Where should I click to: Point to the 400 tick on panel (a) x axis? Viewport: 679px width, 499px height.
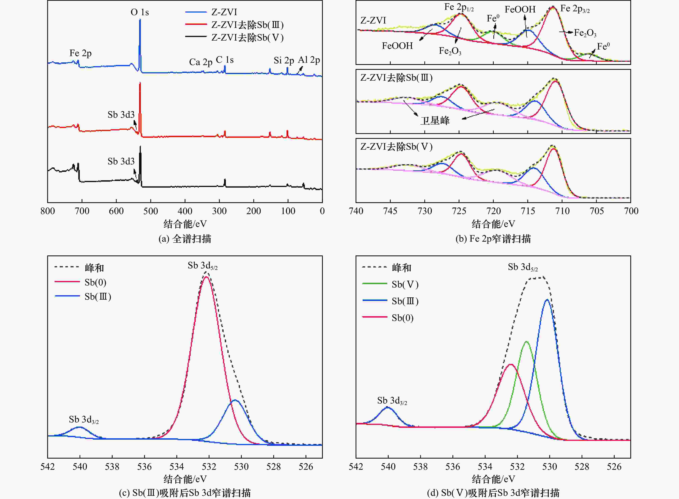click(x=185, y=211)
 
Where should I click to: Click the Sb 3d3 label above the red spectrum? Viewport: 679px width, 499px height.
click(x=121, y=115)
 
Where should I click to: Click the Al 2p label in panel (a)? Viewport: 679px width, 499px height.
click(x=309, y=60)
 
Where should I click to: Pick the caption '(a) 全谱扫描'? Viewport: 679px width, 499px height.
click(x=185, y=239)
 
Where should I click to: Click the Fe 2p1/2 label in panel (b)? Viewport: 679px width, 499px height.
click(x=459, y=7)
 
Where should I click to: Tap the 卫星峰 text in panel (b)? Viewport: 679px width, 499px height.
click(x=435, y=121)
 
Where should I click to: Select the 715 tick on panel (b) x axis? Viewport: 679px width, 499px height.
click(x=528, y=211)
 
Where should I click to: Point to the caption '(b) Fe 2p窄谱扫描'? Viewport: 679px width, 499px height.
click(x=493, y=239)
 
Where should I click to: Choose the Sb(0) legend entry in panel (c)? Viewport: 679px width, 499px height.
click(x=95, y=282)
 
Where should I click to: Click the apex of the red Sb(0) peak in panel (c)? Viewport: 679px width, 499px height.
click(x=206, y=277)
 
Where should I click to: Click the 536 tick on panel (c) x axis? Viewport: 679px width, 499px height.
click(x=144, y=467)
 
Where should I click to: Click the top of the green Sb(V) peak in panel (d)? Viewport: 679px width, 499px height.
click(x=526, y=342)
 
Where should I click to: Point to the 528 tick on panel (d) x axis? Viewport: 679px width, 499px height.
click(x=582, y=467)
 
